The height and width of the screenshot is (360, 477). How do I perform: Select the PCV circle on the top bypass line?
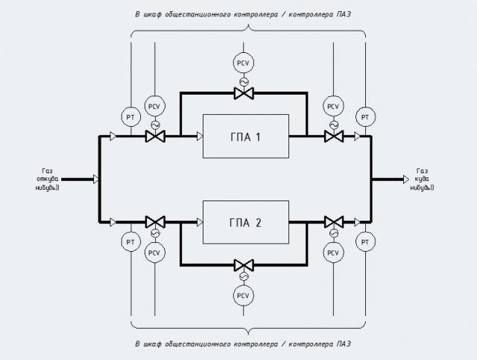pos(244,63)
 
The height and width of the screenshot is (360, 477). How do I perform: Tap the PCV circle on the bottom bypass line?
pos(244,295)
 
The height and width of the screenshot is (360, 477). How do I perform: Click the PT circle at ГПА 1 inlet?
pos(131,117)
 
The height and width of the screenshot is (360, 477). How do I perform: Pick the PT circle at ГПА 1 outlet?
pos(365,117)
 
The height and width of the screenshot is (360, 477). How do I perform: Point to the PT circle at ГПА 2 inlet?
pos(131,242)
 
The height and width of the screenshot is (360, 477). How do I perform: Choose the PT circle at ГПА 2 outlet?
pos(365,242)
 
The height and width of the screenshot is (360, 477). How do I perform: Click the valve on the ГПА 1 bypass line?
pos(244,93)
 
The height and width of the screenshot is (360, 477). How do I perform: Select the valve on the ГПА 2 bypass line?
pos(244,265)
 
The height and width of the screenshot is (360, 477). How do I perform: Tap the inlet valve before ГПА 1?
pos(155,136)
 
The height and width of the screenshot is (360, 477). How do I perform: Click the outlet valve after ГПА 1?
pos(334,136)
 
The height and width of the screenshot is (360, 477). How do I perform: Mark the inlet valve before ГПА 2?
pos(155,222)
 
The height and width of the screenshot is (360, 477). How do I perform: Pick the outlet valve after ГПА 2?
pos(334,222)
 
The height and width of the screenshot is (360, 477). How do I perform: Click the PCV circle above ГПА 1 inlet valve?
pos(154,106)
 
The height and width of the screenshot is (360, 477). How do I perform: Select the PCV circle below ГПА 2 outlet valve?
pos(333,253)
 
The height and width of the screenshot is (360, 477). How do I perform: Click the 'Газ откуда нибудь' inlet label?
pos(47,179)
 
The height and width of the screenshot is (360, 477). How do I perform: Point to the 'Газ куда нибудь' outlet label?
pos(423,179)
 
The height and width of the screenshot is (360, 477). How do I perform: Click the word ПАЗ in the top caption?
pos(344,14)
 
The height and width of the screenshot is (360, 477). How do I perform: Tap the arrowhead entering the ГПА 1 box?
pos(200,136)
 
